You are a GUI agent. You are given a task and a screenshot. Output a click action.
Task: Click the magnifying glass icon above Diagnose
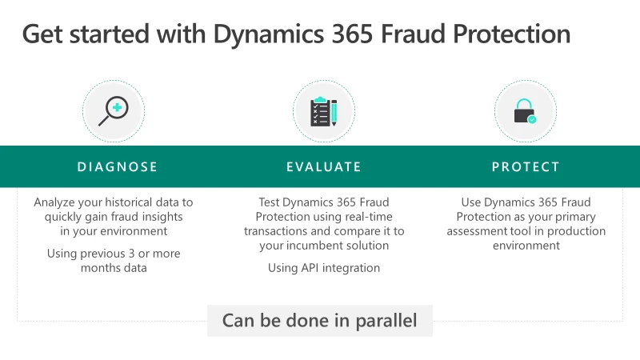click(114, 111)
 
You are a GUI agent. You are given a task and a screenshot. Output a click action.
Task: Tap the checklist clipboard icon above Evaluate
click(323, 111)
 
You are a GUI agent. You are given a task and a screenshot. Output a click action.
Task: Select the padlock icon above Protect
click(525, 111)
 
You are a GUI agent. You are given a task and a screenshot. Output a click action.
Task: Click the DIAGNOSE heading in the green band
click(118, 167)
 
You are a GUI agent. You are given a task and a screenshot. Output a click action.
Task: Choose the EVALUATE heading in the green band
click(324, 167)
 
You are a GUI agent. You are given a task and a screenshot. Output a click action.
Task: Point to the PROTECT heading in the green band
click(526, 167)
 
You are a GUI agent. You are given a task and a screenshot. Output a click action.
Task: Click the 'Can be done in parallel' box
click(320, 321)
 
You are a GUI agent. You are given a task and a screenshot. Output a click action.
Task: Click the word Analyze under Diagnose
click(55, 202)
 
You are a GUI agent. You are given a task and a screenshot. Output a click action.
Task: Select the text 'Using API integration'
click(324, 268)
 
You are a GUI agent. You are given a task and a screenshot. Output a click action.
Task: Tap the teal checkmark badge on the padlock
click(532, 119)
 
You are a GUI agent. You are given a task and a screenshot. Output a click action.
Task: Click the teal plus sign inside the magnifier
click(118, 107)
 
